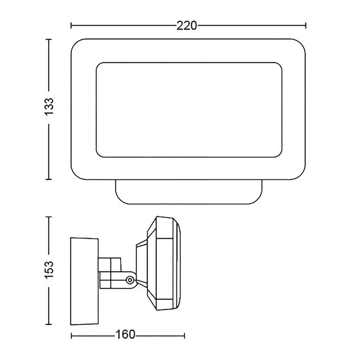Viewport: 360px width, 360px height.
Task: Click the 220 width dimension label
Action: [187, 26]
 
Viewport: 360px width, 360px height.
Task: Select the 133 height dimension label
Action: [49, 106]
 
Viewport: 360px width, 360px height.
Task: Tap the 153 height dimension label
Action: [49, 270]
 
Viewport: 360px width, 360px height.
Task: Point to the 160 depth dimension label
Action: [125, 334]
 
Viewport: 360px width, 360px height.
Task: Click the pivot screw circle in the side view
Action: [130, 280]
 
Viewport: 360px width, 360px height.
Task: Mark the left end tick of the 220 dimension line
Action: [71, 26]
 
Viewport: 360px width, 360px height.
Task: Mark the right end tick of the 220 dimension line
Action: [305, 26]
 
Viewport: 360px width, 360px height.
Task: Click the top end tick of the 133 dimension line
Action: [49, 40]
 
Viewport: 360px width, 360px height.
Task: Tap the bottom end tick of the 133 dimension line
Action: [49, 179]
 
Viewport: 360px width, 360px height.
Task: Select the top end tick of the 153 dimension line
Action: [49, 217]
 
